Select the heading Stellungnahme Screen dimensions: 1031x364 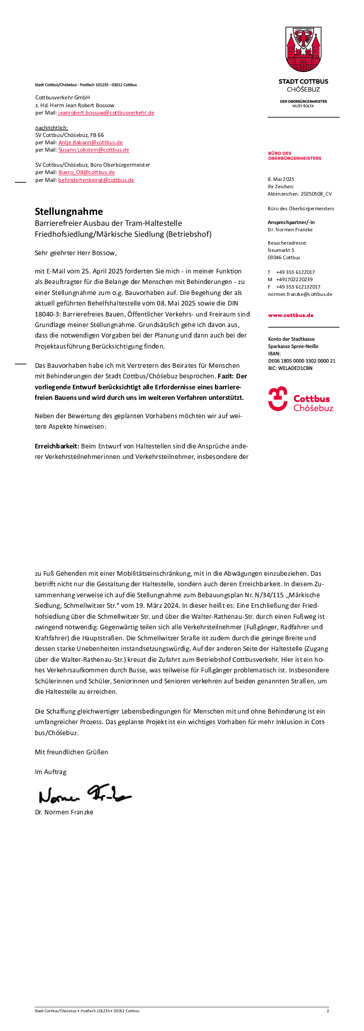(69, 212)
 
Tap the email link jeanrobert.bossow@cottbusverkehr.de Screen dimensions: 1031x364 (106, 113)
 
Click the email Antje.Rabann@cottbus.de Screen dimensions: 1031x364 (90, 142)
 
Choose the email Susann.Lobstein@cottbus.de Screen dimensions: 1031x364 (94, 150)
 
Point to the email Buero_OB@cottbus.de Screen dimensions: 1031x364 (87, 172)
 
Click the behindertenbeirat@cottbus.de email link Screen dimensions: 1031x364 (96, 180)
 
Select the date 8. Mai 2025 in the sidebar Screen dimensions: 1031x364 (281, 179)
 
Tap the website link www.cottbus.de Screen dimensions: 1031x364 (291, 315)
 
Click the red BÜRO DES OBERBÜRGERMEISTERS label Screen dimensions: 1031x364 (294, 156)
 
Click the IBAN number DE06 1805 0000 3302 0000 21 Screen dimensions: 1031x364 (302, 361)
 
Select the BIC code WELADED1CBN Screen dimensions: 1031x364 (295, 368)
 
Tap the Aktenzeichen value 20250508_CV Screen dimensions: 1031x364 (316, 194)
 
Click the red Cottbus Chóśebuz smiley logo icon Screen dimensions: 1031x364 (278, 398)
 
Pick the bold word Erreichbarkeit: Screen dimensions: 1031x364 (57, 446)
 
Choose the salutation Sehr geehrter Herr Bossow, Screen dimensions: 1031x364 (76, 253)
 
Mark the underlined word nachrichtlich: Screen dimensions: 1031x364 (51, 128)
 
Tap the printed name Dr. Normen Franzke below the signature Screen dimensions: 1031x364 (64, 812)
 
